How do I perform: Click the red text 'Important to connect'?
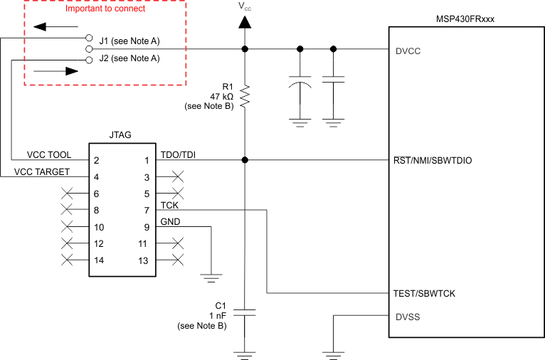click(105, 9)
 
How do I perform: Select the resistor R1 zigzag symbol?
click(245, 97)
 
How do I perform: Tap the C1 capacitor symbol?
click(245, 312)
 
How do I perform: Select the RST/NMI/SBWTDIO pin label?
click(432, 161)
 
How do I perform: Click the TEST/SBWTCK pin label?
click(424, 293)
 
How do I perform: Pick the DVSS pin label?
click(407, 317)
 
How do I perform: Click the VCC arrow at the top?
click(245, 22)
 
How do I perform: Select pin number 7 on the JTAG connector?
click(147, 211)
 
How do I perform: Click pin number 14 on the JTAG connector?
click(100, 260)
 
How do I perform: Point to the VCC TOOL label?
click(49, 154)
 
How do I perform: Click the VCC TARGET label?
click(43, 171)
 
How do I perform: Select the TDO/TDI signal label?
click(179, 154)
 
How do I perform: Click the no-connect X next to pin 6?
click(68, 194)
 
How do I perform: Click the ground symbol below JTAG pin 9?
click(211, 274)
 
